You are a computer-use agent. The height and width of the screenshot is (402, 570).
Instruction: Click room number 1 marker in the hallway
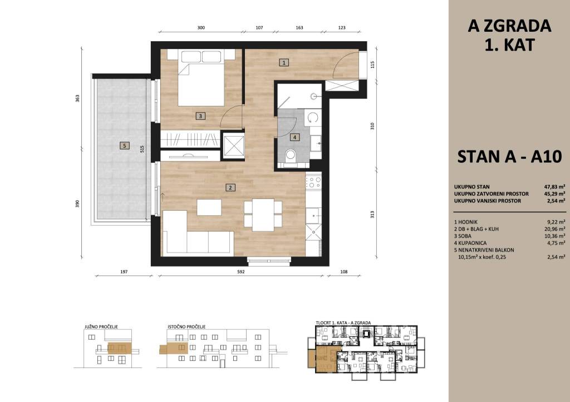pyautogui.click(x=284, y=62)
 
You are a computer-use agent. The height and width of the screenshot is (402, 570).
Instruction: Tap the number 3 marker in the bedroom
pyautogui.click(x=200, y=116)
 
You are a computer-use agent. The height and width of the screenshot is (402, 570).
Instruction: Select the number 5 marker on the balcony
pyautogui.click(x=124, y=146)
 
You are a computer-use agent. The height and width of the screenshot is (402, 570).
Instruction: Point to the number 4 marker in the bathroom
pyautogui.click(x=295, y=137)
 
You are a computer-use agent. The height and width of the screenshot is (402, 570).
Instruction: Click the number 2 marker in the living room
pyautogui.click(x=230, y=188)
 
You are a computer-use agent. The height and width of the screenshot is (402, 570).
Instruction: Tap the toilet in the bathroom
pyautogui.click(x=291, y=157)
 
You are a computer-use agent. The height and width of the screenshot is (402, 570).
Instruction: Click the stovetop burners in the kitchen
pyautogui.click(x=313, y=182)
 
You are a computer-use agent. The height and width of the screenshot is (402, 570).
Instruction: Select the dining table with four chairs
pyautogui.click(x=263, y=215)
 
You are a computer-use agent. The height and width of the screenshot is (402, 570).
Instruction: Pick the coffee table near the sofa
pyautogui.click(x=209, y=207)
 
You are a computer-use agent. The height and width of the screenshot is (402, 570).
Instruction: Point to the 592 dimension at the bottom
pyautogui.click(x=241, y=272)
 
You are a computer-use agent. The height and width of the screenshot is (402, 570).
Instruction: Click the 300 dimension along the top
pyautogui.click(x=201, y=28)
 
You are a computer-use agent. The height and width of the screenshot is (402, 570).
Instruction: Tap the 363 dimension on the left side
pyautogui.click(x=77, y=98)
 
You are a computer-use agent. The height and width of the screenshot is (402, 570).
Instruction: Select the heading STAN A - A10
pyautogui.click(x=509, y=157)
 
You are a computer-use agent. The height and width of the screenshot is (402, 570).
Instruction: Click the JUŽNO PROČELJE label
pyautogui.click(x=101, y=327)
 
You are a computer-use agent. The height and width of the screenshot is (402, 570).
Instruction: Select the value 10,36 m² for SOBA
pyautogui.click(x=556, y=236)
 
